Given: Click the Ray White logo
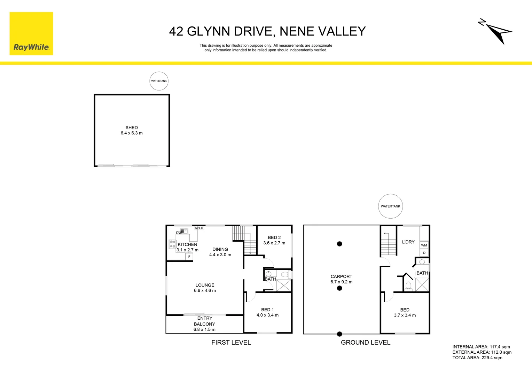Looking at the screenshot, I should point(31,33).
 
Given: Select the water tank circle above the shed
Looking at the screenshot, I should point(159,81).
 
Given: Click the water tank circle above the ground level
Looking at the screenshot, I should point(390,206).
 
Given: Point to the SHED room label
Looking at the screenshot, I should point(132,127).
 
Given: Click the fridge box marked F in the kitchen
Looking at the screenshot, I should point(189,257).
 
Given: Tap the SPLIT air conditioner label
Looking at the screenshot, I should point(199,228).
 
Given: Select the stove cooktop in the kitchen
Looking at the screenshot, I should point(172,244).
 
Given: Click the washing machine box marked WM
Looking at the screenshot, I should point(424,245).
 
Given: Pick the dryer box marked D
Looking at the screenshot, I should point(424,253).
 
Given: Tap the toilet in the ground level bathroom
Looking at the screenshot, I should point(409,286).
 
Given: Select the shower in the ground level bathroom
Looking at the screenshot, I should point(422,284).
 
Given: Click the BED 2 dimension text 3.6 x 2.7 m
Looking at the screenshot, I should point(274,243).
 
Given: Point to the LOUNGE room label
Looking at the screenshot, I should point(205,285).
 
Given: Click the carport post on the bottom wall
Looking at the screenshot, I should point(339,334).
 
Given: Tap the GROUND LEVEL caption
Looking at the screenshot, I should point(366,343).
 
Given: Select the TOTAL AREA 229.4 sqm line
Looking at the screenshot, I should point(477,358).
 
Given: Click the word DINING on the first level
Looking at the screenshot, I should point(220,249).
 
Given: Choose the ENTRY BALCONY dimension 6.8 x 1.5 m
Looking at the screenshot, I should point(204,329).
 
